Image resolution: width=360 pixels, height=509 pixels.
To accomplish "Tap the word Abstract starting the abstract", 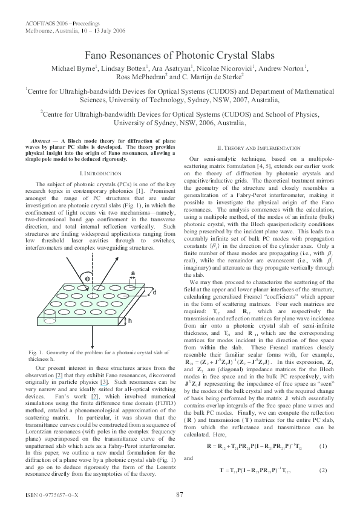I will click(41, 140).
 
